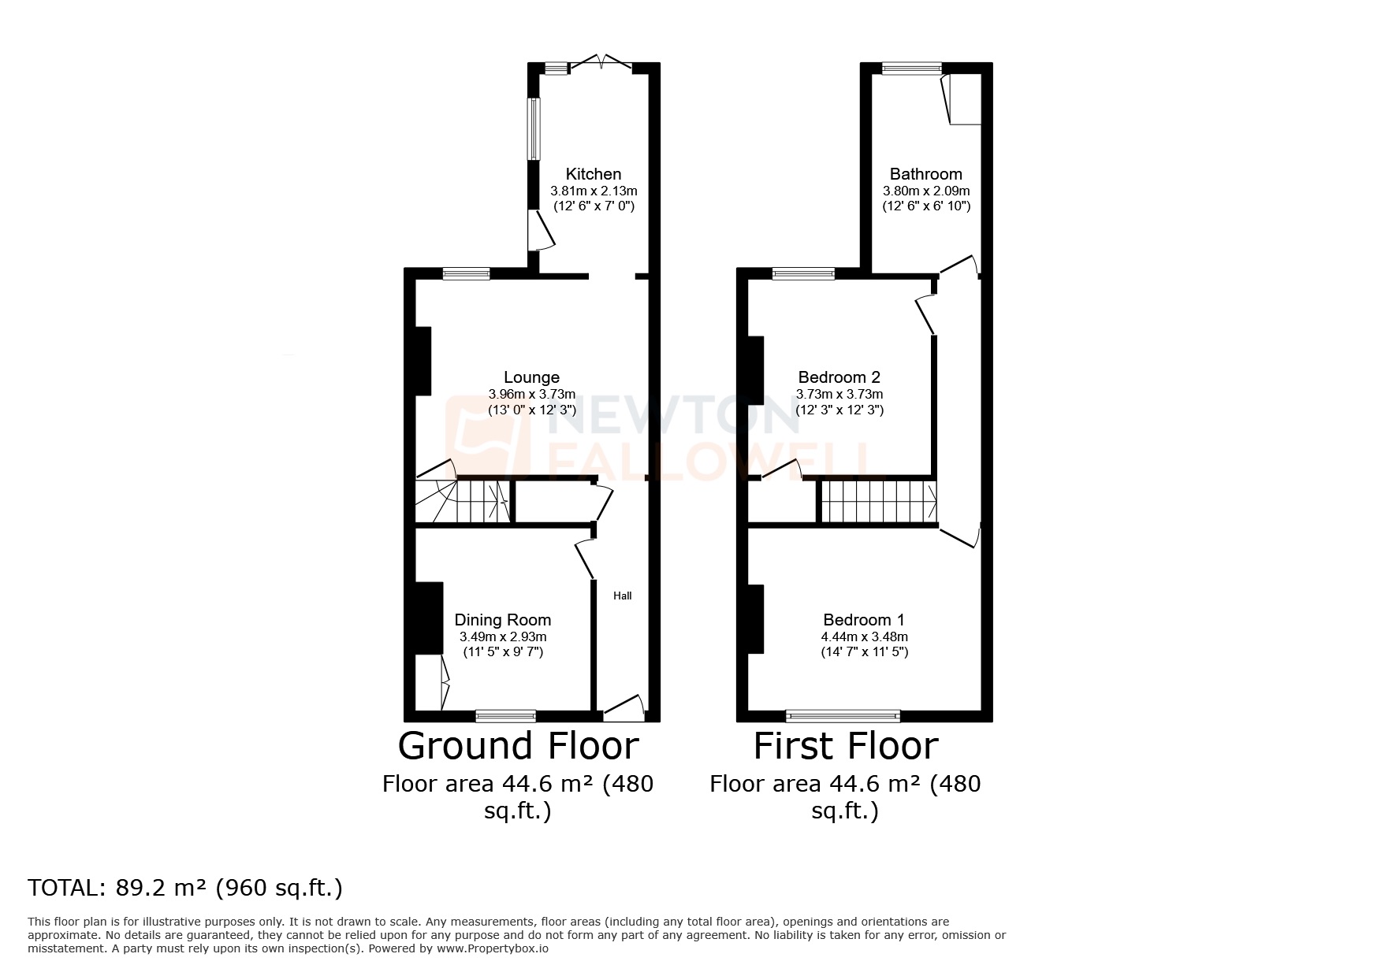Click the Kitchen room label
pos(594,174)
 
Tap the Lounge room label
pos(531,377)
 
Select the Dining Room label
pos(503,620)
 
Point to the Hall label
pos(623,596)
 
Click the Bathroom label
pos(925,174)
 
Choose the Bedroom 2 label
pos(839,377)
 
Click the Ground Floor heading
pos(518,745)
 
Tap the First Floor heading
pos(845,745)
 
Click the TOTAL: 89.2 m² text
pos(185,888)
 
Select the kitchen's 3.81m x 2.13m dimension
pos(594,191)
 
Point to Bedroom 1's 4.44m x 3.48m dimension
pos(864,636)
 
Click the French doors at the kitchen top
pos(602,64)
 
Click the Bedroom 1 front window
pos(843,715)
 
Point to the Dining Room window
pos(505,715)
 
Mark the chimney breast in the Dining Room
pos(428,618)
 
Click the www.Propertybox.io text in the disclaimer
pos(492,948)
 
